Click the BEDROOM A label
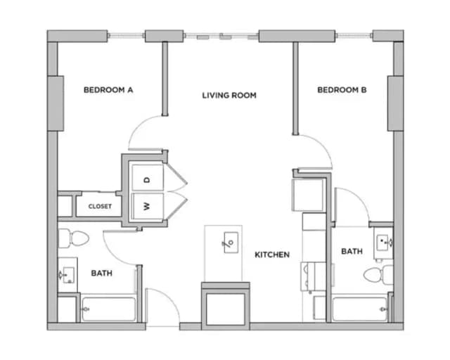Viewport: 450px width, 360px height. click(x=108, y=90)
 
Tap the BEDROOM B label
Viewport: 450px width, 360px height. click(x=342, y=90)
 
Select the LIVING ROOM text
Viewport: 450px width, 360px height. click(x=229, y=95)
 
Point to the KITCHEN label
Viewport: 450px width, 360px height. click(x=272, y=255)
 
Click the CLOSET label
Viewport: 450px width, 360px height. click(x=99, y=207)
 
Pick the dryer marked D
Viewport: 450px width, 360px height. click(x=147, y=180)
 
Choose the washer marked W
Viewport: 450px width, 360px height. click(x=147, y=206)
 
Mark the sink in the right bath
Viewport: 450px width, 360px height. click(x=383, y=242)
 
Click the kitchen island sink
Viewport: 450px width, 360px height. click(x=229, y=243)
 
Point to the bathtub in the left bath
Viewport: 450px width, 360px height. click(x=108, y=309)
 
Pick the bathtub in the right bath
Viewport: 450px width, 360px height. click(x=359, y=308)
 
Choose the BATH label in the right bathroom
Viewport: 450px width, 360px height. click(x=352, y=251)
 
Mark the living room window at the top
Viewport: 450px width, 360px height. click(x=221, y=36)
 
